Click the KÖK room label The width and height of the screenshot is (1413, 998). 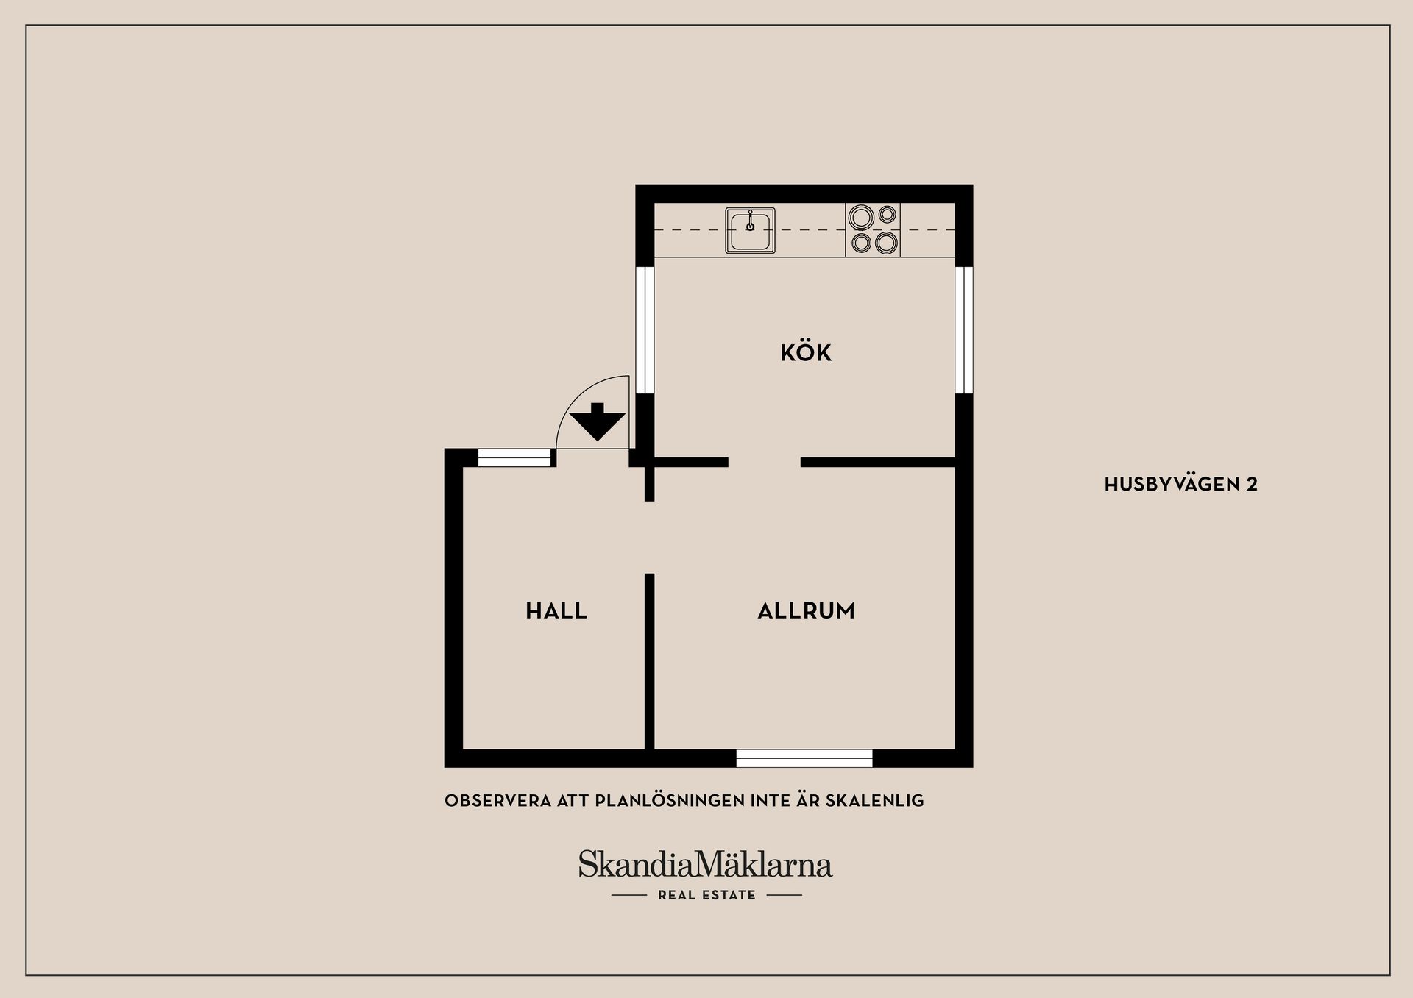806,352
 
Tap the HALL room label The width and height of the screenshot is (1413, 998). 556,610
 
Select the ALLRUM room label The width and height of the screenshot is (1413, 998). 807,610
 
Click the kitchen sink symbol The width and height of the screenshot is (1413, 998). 750,230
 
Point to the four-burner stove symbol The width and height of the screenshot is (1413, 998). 873,229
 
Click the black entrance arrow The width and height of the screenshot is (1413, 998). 598,421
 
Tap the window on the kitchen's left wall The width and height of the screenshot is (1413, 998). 645,329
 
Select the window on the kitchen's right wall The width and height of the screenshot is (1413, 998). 964,329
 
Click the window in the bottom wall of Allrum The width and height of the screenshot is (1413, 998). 804,758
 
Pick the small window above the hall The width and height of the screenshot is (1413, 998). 514,457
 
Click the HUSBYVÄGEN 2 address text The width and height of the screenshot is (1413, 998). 1181,484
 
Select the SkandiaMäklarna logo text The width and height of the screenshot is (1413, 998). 705,864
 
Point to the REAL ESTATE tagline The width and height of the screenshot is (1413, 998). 706,895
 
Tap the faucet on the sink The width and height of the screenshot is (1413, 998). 750,221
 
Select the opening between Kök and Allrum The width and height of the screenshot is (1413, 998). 765,462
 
